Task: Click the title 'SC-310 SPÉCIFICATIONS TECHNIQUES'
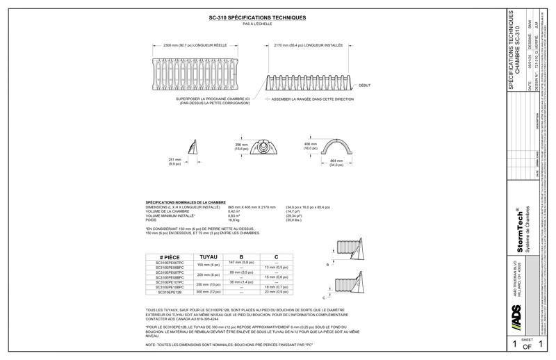pyautogui.click(x=257, y=17)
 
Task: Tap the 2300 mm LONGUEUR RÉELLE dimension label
pyautogui.click(x=188, y=46)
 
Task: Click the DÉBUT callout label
pyautogui.click(x=363, y=85)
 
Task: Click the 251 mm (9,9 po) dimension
pyautogui.click(x=174, y=162)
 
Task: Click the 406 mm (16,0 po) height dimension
pyautogui.click(x=310, y=147)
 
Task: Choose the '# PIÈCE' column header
pyautogui.click(x=170, y=257)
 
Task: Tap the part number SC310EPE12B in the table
pyautogui.click(x=170, y=293)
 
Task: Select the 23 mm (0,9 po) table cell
pyautogui.click(x=276, y=292)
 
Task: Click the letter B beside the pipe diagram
pyautogui.click(x=327, y=265)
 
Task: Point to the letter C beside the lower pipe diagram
pyautogui.click(x=324, y=297)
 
